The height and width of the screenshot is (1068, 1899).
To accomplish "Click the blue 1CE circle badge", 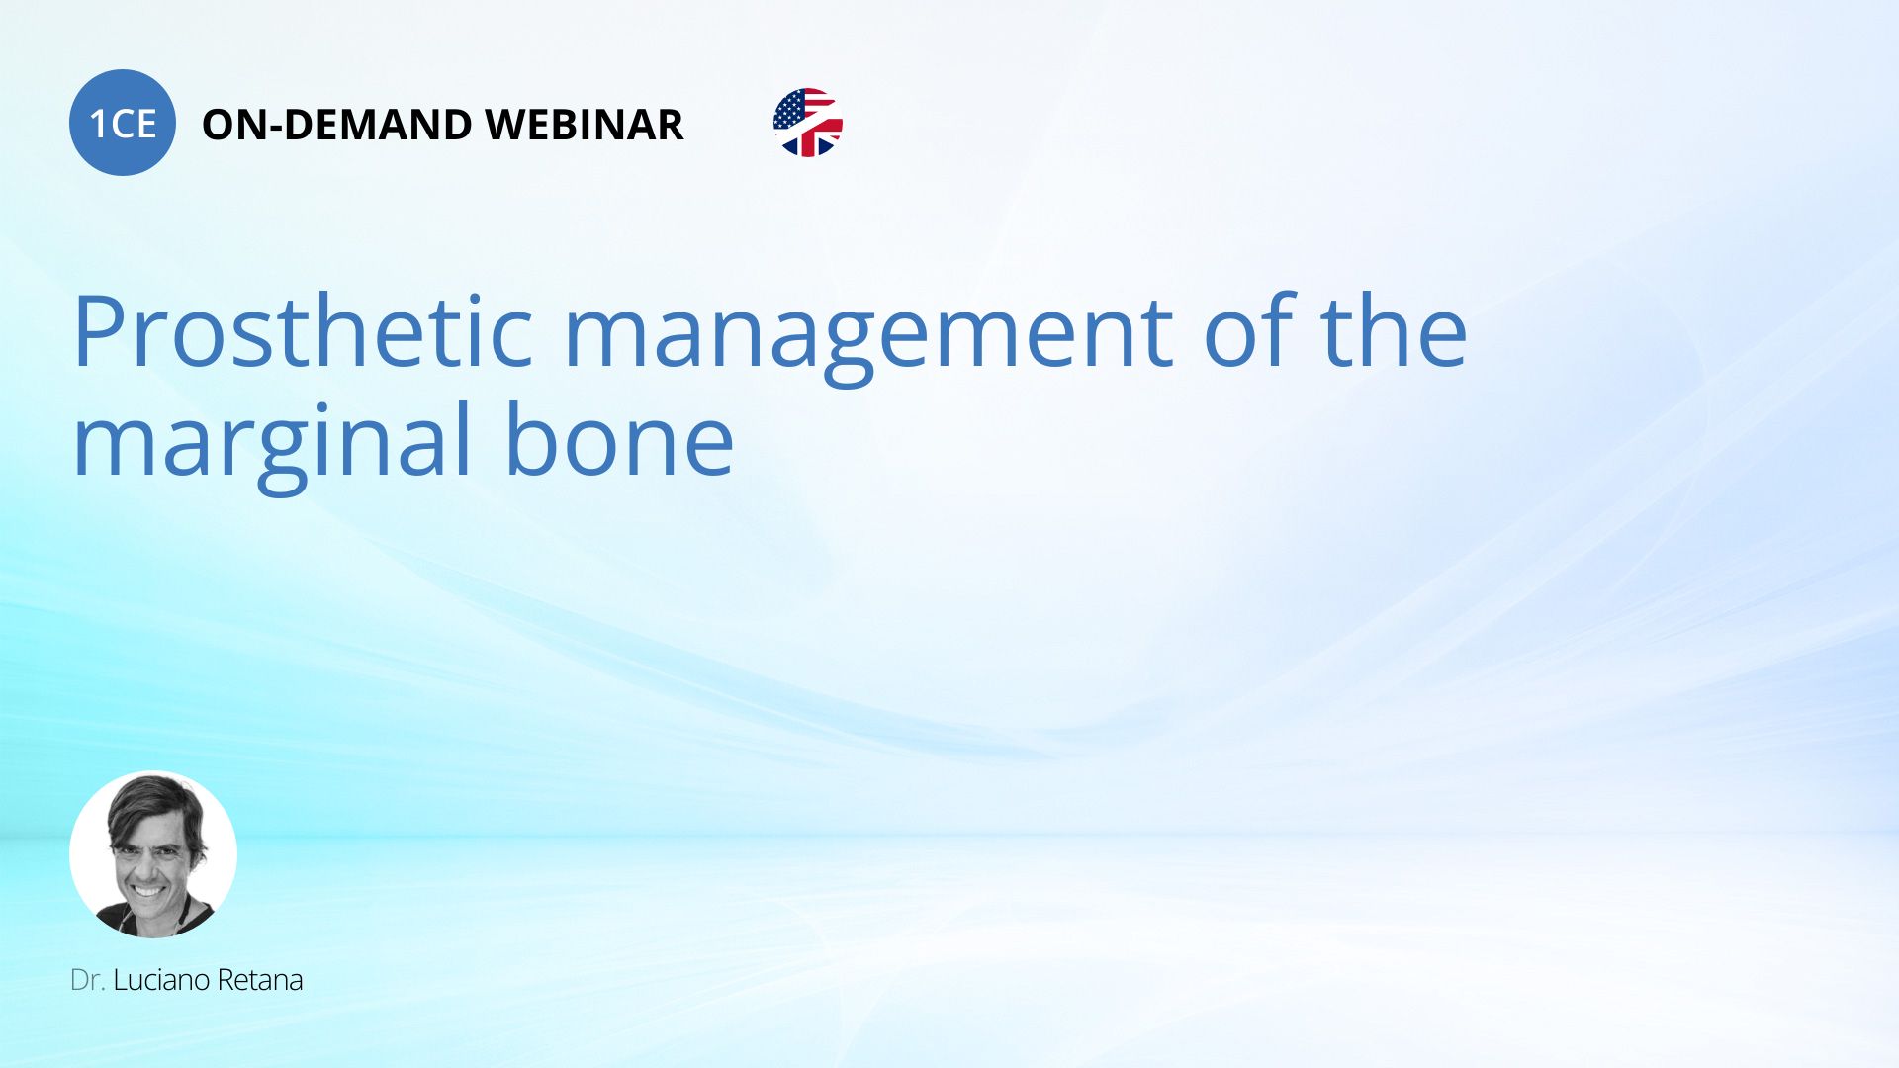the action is [123, 123].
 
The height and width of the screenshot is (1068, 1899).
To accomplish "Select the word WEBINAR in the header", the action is [585, 125].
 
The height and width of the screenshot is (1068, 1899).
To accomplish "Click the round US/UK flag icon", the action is [808, 123].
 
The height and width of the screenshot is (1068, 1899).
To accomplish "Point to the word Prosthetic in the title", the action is [304, 331].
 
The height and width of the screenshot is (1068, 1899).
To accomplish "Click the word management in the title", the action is [868, 336].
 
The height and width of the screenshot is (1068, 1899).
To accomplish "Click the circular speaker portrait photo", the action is [153, 854].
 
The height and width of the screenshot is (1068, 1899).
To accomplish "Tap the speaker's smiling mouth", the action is [149, 890].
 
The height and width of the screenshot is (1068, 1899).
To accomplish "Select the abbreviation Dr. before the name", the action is [88, 980].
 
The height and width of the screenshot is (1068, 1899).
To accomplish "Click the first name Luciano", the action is [161, 980].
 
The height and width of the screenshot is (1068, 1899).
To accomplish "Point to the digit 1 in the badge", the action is [98, 125].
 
